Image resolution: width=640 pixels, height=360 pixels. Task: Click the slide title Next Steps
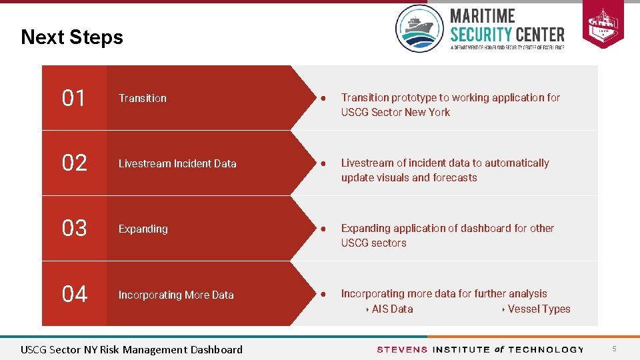click(72, 37)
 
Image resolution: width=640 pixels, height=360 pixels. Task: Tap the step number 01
click(74, 99)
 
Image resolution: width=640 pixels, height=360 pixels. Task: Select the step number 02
click(74, 163)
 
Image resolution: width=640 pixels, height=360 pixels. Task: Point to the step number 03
click(74, 229)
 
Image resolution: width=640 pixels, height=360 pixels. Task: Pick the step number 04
click(74, 294)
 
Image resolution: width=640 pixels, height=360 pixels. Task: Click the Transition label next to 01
click(143, 99)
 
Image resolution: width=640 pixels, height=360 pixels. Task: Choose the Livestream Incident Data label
click(177, 164)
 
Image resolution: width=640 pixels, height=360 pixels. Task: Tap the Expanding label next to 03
click(143, 229)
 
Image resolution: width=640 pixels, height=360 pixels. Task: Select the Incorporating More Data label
click(176, 295)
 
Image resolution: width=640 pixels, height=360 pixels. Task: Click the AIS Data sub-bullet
click(392, 309)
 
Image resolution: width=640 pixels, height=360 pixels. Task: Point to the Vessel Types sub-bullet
click(539, 309)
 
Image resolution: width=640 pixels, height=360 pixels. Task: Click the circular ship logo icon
click(419, 29)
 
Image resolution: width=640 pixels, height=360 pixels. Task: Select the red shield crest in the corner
click(603, 24)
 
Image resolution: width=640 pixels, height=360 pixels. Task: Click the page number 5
click(615, 349)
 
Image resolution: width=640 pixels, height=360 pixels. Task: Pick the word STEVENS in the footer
click(402, 350)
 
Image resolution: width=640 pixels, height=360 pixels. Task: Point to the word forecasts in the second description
click(455, 178)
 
